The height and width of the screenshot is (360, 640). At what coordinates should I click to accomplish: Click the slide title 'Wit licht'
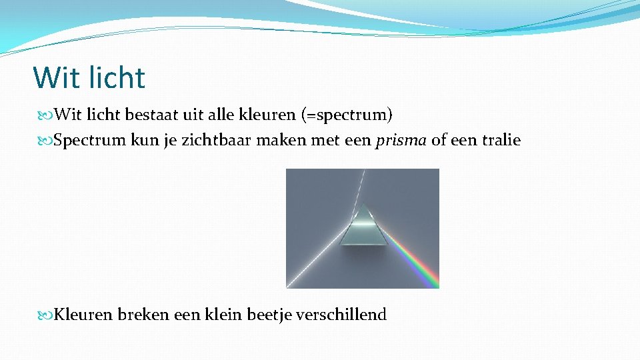click(x=89, y=77)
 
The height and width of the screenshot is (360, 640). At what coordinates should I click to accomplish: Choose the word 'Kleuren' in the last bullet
click(x=83, y=315)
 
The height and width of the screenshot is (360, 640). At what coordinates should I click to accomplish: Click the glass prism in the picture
click(x=363, y=227)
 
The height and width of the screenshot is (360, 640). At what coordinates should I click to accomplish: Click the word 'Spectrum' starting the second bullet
click(x=83, y=141)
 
